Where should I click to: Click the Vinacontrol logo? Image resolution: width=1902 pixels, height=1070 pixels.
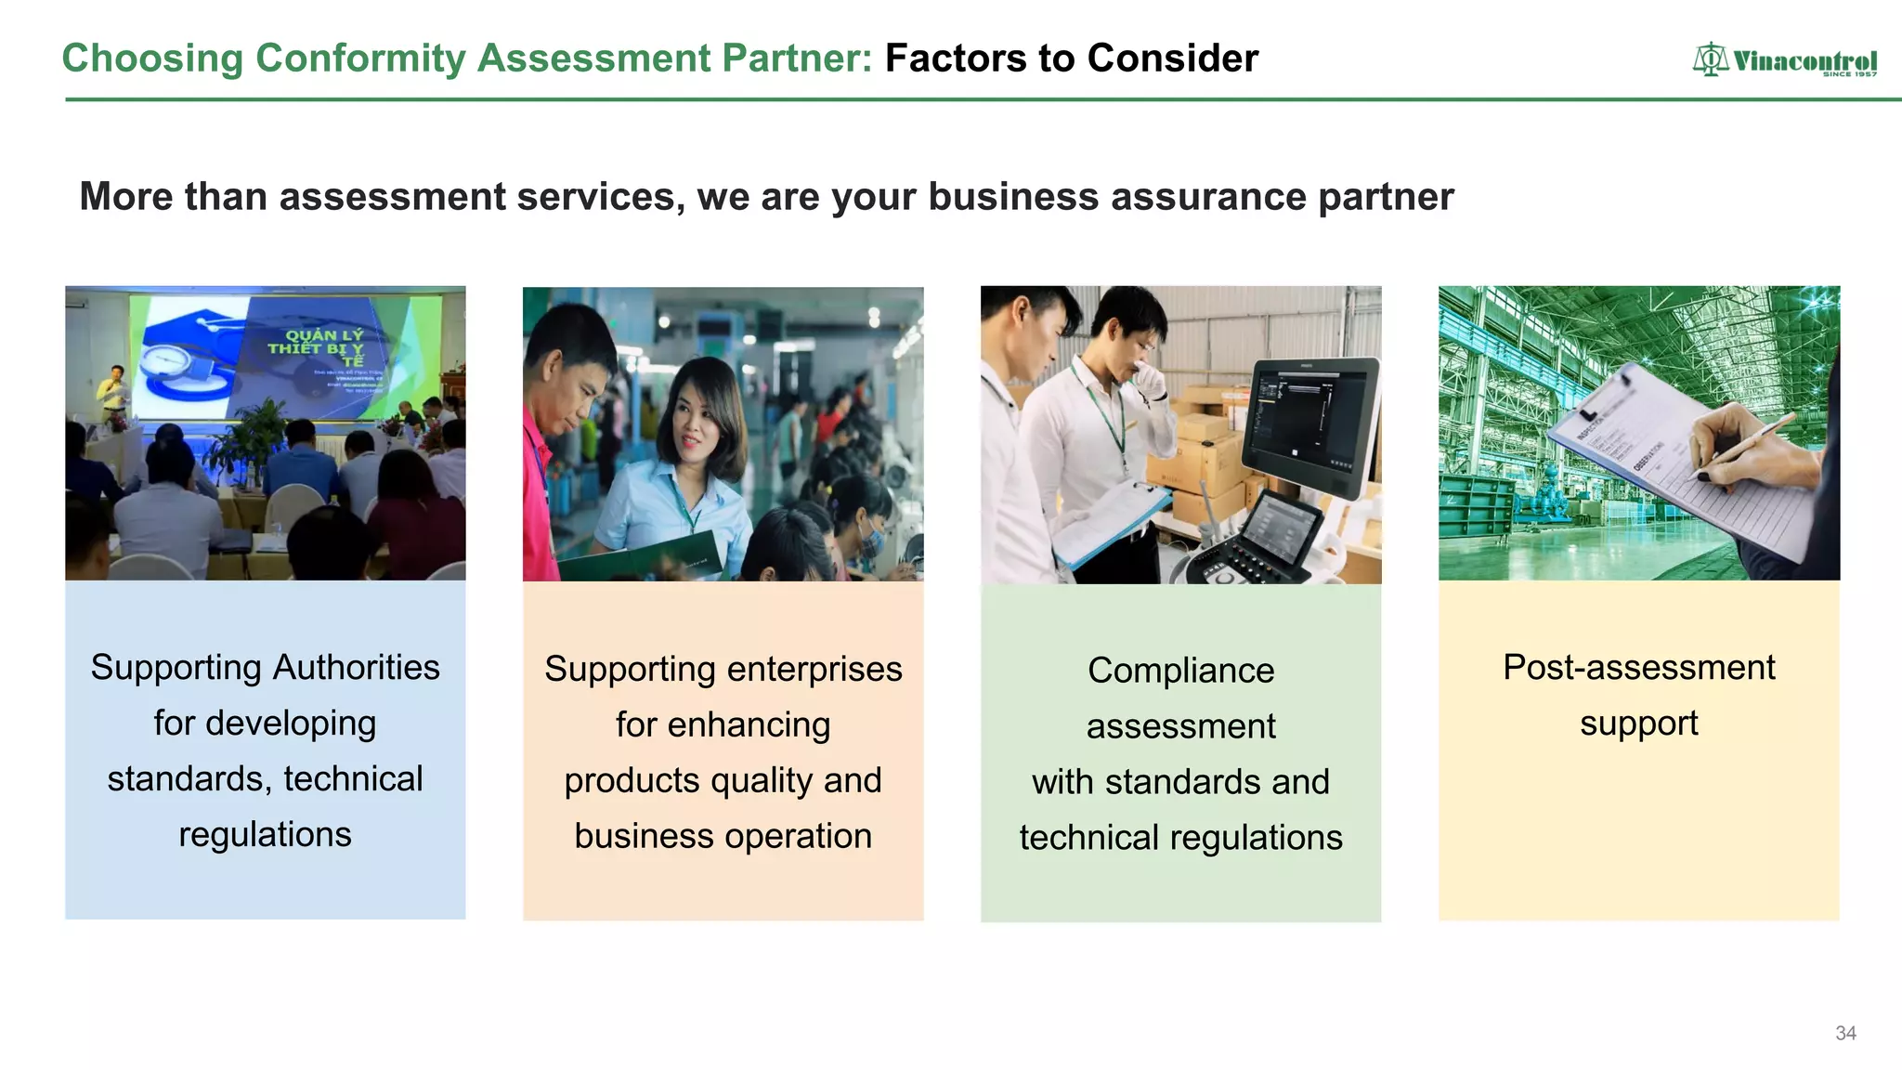point(1784,61)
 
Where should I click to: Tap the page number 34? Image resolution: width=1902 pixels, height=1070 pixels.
point(1845,1033)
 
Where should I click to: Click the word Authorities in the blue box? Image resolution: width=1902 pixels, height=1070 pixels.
point(356,668)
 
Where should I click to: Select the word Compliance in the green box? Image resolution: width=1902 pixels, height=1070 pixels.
point(1180,671)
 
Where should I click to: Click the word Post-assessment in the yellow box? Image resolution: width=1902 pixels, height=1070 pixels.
point(1638,668)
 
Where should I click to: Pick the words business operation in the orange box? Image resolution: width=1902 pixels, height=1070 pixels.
point(723,836)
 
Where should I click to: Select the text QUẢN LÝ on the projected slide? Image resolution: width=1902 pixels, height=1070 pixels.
point(324,335)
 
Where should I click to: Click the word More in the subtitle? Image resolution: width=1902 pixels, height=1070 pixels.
point(126,197)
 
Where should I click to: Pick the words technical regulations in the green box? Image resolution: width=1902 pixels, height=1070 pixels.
point(1180,838)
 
